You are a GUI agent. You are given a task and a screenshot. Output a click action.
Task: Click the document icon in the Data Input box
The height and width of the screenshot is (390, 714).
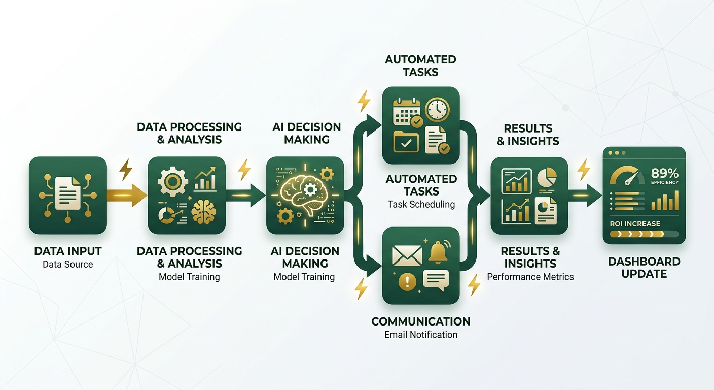tap(67, 193)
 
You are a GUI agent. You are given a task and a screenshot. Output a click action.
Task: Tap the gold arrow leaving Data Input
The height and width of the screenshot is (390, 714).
tap(127, 196)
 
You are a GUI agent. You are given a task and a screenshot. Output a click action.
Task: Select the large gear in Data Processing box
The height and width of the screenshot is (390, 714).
tap(172, 181)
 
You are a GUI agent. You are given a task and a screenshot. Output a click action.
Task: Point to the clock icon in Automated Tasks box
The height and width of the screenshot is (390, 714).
tap(437, 110)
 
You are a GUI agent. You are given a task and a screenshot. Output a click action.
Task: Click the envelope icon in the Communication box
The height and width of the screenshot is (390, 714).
tap(407, 255)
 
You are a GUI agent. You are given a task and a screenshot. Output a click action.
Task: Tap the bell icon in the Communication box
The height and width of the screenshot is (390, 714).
tap(438, 252)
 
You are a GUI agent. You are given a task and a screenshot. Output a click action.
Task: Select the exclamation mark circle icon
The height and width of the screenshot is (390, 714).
tap(407, 282)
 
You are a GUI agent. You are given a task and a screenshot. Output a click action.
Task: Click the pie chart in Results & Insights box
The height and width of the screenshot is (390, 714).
tap(547, 177)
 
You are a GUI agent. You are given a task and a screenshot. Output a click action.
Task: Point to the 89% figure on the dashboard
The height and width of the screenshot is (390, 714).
tap(665, 173)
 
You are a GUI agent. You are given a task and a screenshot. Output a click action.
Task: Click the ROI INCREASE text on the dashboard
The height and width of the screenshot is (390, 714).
tap(635, 224)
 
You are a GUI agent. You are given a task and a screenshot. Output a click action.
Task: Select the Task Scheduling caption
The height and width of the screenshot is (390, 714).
tap(421, 204)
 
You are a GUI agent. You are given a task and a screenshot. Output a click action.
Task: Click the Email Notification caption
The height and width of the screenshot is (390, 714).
tap(421, 335)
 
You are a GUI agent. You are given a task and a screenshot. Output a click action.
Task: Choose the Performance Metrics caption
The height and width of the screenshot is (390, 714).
tap(530, 277)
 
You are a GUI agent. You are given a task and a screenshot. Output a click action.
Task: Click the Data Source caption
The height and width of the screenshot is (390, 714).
tap(67, 264)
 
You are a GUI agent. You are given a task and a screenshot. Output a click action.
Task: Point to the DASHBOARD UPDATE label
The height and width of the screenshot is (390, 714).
tap(644, 268)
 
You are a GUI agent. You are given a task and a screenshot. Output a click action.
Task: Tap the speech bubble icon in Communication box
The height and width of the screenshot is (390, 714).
tap(436, 280)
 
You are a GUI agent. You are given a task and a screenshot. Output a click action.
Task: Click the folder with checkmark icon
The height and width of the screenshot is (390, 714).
tap(406, 141)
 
